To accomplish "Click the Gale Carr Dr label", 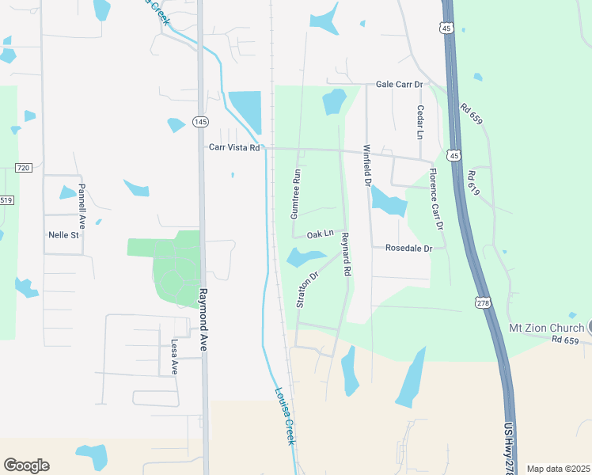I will [400, 84].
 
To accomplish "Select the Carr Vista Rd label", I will [234, 147].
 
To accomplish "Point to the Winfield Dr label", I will [366, 165].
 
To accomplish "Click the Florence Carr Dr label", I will [435, 199].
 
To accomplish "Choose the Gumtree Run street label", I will [295, 194].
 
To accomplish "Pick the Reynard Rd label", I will [345, 253].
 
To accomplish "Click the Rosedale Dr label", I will [408, 248].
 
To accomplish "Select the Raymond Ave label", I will [203, 310].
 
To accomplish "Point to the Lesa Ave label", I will [174, 357].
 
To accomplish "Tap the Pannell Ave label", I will [82, 204].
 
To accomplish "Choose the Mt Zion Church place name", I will [545, 328].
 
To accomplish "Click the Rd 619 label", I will [474, 184].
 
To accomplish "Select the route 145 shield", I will [200, 121].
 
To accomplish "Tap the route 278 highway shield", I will [482, 302].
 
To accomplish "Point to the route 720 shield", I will [23, 168].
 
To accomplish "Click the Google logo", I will [26, 465].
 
